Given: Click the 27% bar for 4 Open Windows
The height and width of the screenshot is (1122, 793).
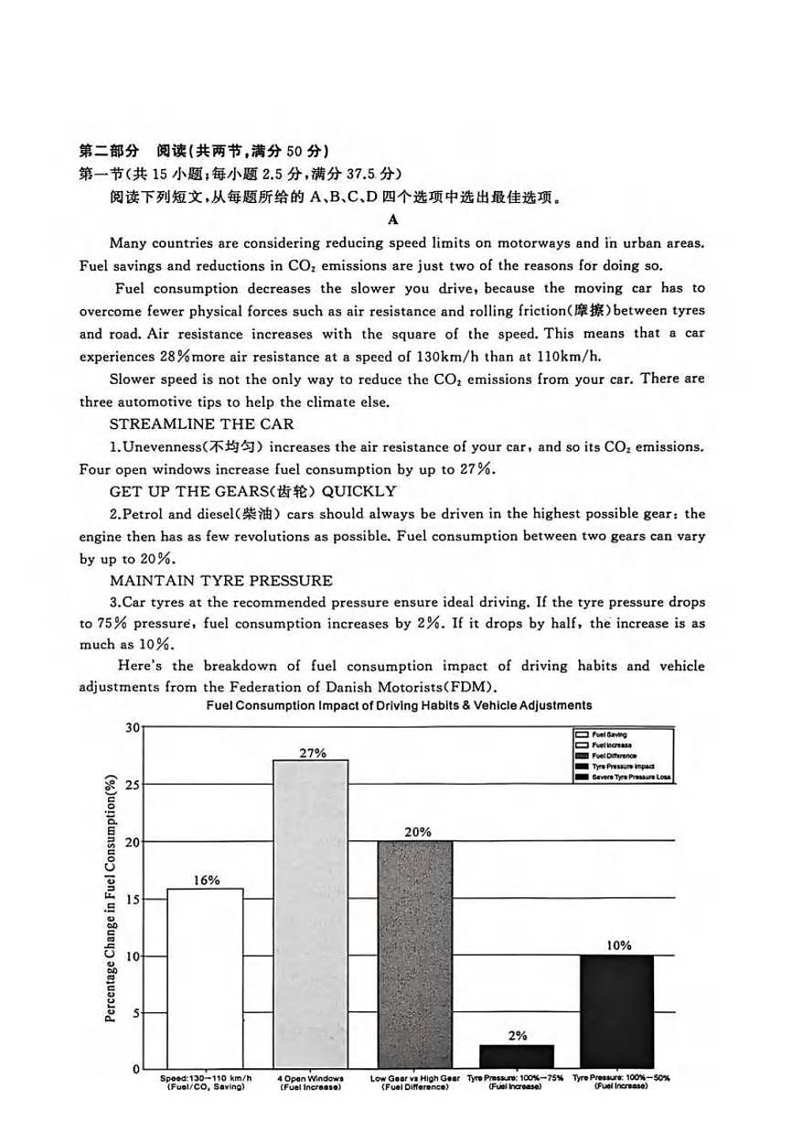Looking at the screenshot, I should click(x=311, y=914).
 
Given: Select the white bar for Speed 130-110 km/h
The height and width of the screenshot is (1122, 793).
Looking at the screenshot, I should click(x=205, y=978).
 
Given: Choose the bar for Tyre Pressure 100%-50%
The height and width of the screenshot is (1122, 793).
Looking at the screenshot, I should click(x=616, y=1011).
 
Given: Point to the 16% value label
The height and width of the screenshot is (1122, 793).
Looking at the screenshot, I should click(x=206, y=880).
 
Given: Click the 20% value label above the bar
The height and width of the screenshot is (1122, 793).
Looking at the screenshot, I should click(x=417, y=832).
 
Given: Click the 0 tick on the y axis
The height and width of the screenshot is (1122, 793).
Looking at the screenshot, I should click(x=135, y=1069).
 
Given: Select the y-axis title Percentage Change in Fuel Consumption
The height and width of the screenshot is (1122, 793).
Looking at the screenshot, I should click(x=111, y=899).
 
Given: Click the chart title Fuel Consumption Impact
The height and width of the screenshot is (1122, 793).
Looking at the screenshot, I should click(x=399, y=705).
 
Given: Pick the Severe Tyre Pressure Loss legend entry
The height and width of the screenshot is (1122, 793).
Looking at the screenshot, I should click(x=624, y=776).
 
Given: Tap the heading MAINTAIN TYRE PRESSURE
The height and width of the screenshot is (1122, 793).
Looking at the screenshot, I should click(x=220, y=581).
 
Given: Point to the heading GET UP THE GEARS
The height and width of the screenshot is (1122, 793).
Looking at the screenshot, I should click(x=252, y=491).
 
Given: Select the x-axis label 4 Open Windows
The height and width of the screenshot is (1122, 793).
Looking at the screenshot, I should click(x=310, y=1079).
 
